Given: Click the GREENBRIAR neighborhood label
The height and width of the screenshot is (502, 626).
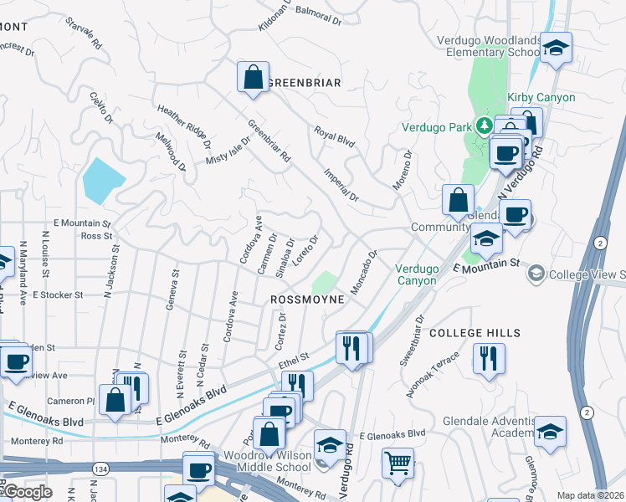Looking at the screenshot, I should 305,83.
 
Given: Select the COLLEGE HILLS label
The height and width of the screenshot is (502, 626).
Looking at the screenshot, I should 475,333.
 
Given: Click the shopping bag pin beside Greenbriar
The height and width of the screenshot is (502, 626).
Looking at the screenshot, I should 253,78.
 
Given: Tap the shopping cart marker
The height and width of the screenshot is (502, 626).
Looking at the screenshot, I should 398,464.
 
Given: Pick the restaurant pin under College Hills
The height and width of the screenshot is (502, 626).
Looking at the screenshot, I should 488,358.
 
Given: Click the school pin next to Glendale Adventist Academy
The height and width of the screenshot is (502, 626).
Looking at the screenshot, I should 549,431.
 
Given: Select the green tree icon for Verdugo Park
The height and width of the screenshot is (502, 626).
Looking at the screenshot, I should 483,127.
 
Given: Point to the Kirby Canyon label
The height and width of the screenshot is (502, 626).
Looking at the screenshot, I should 541,98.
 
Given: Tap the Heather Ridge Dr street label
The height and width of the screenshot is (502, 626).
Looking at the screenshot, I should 182,125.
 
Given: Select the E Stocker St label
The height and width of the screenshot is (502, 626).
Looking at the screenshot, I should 58,295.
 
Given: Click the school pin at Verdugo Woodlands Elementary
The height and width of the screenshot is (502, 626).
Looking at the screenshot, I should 555,49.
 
